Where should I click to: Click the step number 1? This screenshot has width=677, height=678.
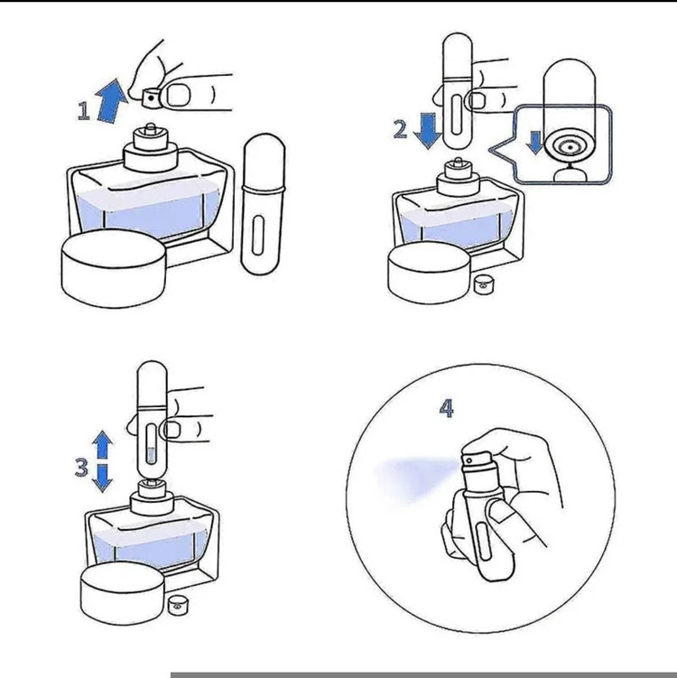click(x=83, y=110)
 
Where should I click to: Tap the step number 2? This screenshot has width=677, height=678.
click(x=400, y=129)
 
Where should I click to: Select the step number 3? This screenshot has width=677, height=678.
click(x=82, y=467)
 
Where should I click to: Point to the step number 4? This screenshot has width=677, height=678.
click(x=446, y=408)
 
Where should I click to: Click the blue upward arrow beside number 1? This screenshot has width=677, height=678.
click(x=111, y=101)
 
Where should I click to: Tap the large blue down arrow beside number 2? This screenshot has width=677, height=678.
click(x=427, y=131)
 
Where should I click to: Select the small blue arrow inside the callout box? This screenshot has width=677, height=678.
click(x=535, y=143)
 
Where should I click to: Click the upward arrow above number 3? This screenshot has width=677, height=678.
click(x=103, y=444)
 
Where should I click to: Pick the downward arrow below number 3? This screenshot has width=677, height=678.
click(x=103, y=478)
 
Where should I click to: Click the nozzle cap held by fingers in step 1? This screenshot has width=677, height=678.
click(x=150, y=98)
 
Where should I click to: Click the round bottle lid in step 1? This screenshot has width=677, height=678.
click(x=114, y=268)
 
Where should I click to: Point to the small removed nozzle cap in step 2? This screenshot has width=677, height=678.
click(x=482, y=284)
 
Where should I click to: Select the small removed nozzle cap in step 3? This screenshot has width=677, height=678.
click(x=177, y=605)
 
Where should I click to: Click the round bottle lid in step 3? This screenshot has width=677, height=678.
click(x=123, y=593)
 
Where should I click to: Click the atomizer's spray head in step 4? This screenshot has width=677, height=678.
click(x=477, y=463)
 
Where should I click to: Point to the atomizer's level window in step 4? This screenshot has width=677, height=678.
click(x=482, y=542)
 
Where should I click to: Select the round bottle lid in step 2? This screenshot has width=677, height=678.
click(x=429, y=273)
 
